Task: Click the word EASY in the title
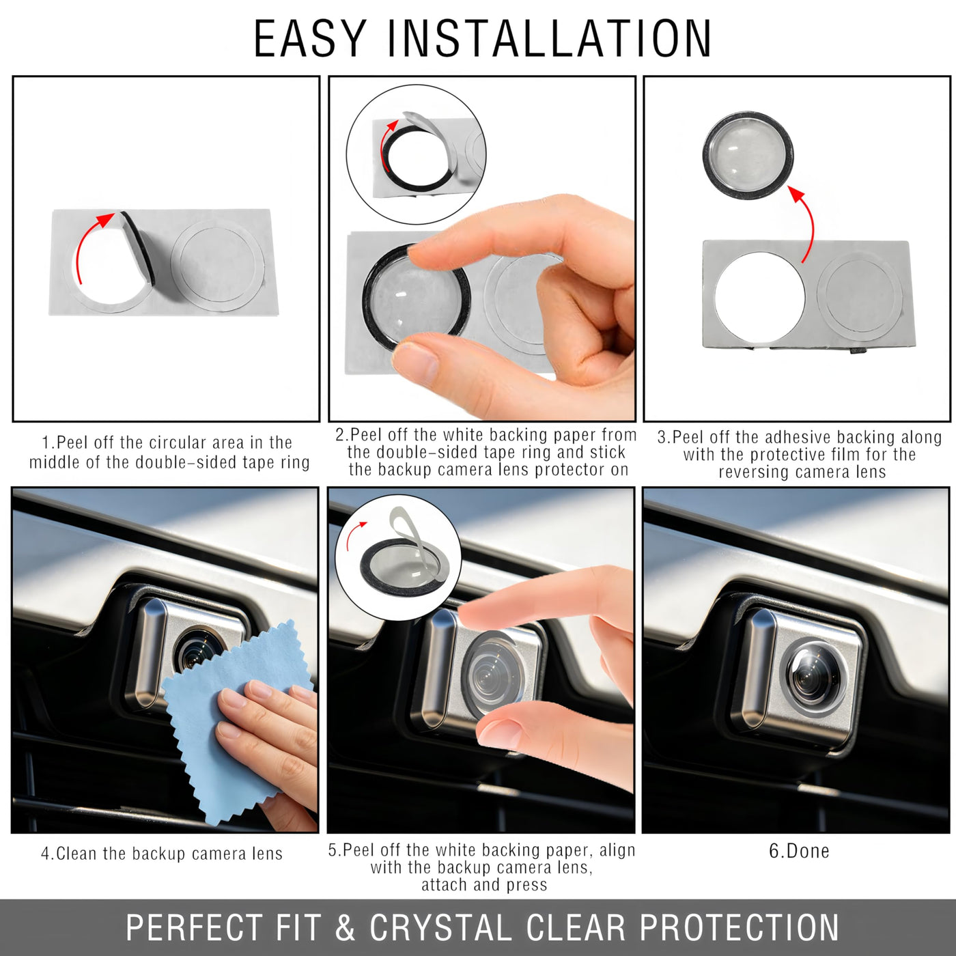309,39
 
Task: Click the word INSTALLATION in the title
549,39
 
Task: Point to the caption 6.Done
798,852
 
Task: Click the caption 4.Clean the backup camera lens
162,854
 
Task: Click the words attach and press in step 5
484,884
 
